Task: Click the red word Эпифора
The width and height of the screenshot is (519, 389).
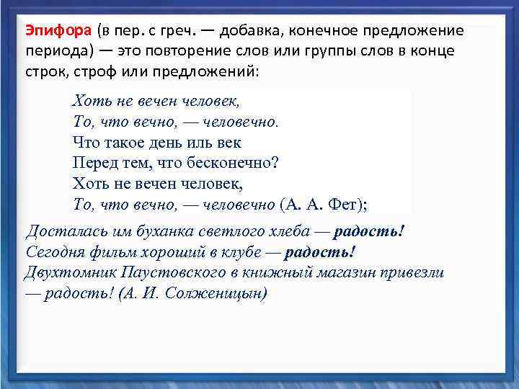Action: pyautogui.click(x=58, y=32)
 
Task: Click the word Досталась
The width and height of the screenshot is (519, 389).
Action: pyautogui.click(x=63, y=232)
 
